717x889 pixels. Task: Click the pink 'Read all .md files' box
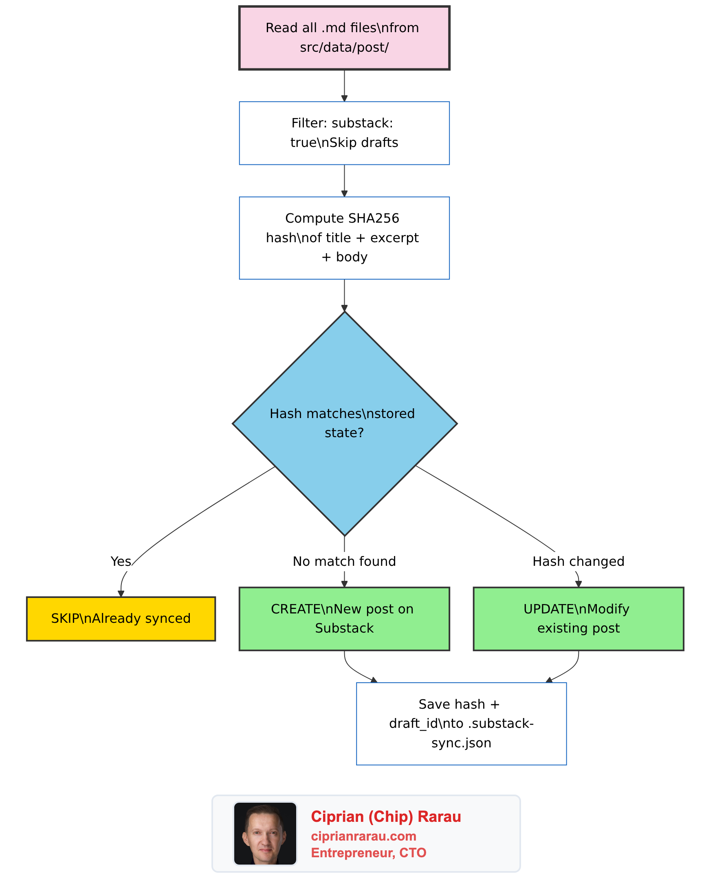click(344, 38)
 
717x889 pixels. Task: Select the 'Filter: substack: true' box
click(344, 133)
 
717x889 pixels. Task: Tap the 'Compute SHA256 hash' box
click(344, 238)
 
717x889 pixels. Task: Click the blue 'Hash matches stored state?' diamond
click(344, 423)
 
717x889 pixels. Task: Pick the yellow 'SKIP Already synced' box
click(121, 618)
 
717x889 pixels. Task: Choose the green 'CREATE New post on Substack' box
click(344, 618)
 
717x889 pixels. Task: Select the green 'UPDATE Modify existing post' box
click(578, 618)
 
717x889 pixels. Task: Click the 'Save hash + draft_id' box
click(461, 723)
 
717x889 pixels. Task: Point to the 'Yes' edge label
click(121, 561)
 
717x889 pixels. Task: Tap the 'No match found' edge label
click(344, 561)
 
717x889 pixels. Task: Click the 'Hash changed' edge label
click(578, 561)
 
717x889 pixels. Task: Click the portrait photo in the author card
click(265, 833)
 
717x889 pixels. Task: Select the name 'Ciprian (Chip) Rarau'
click(386, 817)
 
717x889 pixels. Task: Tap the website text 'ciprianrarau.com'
click(363, 836)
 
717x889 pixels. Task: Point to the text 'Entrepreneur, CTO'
click(368, 853)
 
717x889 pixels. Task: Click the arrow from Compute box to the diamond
click(344, 295)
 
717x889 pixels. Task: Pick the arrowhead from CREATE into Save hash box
click(374, 680)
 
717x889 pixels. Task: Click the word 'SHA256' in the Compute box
click(374, 218)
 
